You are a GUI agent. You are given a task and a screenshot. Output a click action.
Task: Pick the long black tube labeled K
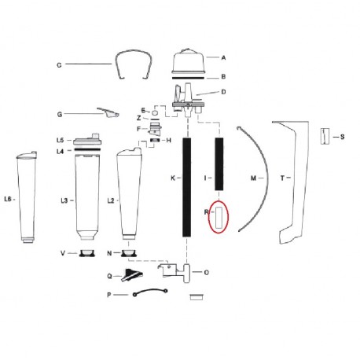pyautogui.click(x=186, y=187)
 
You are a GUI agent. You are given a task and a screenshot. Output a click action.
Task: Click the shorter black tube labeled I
pyautogui.click(x=219, y=163)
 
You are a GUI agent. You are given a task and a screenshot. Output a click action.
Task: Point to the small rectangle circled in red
pyautogui.click(x=219, y=216)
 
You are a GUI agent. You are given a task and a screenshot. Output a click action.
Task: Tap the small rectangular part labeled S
pyautogui.click(x=322, y=137)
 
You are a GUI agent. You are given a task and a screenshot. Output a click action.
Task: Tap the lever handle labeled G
pyautogui.click(x=106, y=113)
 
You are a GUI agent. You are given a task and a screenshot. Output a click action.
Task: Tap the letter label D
pyautogui.click(x=223, y=93)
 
